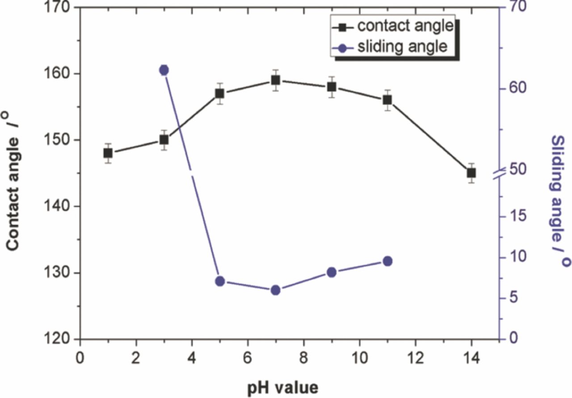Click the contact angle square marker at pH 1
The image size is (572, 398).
coord(108,153)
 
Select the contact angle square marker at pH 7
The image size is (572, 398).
coord(276,80)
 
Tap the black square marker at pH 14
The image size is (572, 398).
coord(471,173)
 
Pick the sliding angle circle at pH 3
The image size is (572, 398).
coord(164,70)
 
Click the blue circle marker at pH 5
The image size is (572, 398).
coord(219,281)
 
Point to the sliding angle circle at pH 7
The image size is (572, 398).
coord(276,290)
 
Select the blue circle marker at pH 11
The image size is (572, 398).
coord(387,261)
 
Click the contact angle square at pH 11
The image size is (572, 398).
coord(387,100)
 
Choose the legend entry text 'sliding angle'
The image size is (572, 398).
coord(402,46)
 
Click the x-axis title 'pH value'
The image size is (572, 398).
coord(283,387)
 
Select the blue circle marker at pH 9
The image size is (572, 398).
coord(332,272)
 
